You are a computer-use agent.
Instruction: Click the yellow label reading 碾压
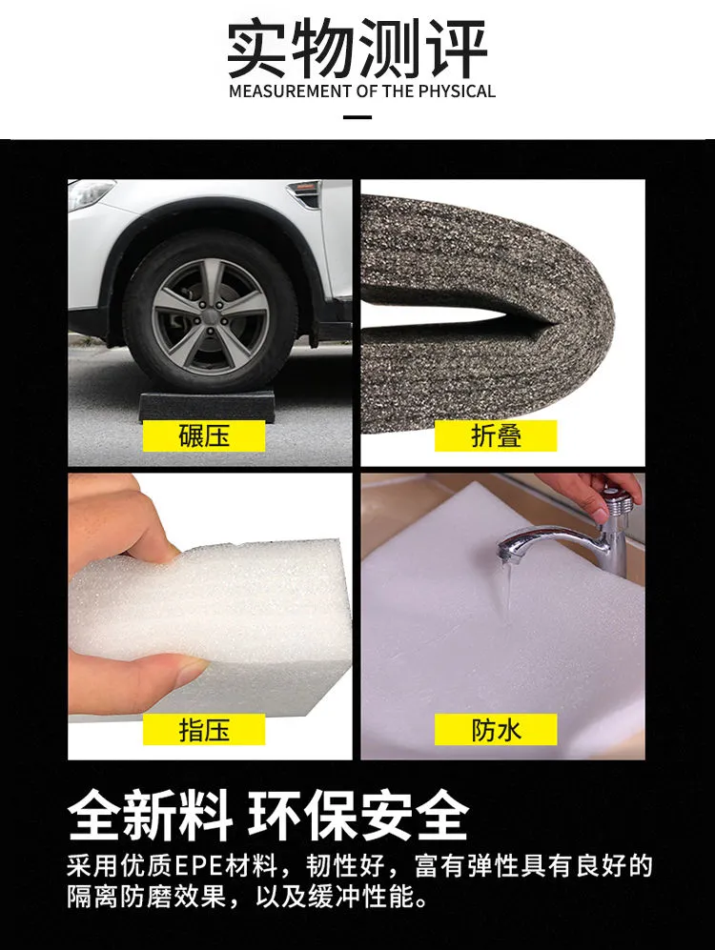click(204, 435)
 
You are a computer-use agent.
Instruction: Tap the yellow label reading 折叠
click(496, 435)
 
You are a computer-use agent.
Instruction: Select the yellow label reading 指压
click(204, 730)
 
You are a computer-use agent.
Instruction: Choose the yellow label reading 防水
click(496, 730)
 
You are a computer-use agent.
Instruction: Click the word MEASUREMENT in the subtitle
click(291, 91)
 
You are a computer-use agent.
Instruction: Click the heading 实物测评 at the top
click(357, 49)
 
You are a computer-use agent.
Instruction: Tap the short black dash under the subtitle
click(357, 116)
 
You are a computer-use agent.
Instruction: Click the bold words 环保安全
click(357, 815)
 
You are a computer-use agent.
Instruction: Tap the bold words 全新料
click(151, 815)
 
